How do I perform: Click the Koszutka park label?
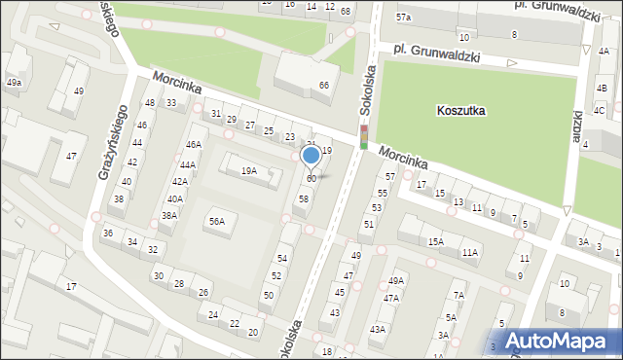[461, 111]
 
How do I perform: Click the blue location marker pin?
[311, 156]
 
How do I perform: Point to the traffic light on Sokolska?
[364, 137]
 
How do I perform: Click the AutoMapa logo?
[562, 341]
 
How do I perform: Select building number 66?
[324, 86]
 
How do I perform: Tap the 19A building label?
[249, 171]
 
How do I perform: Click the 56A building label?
[216, 222]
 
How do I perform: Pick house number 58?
[304, 198]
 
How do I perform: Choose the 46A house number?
[194, 145]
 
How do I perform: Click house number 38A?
[169, 216]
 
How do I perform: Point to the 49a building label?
[14, 83]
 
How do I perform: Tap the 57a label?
[403, 18]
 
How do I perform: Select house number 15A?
[435, 241]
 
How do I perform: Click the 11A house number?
[470, 253]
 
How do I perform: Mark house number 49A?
[395, 281]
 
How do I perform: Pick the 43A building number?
[377, 330]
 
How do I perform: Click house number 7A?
[459, 296]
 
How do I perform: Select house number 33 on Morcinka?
[171, 103]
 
